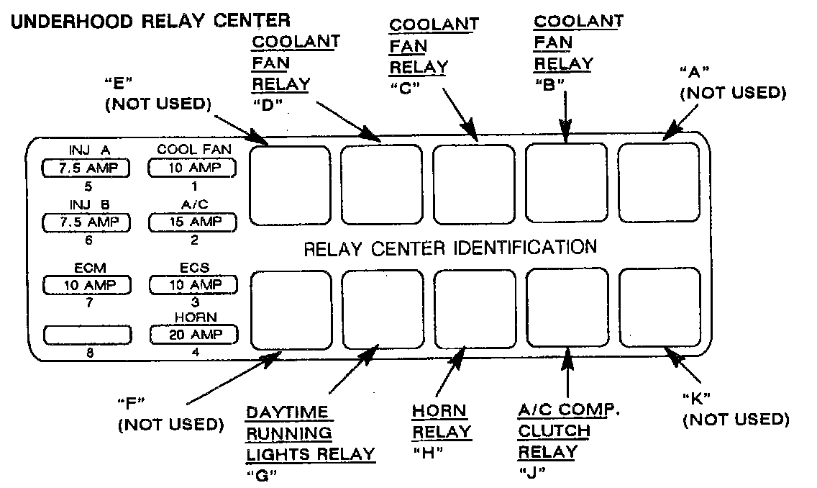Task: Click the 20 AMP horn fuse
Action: click(193, 334)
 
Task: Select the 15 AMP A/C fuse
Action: click(193, 223)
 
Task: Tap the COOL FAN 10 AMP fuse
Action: click(193, 168)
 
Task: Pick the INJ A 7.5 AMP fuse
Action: click(88, 168)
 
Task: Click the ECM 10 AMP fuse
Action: click(88, 285)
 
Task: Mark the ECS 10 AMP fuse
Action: click(193, 285)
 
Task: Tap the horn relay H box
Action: click(474, 309)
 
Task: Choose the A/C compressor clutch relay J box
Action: click(567, 309)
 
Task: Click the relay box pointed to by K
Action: click(659, 309)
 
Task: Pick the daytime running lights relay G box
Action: click(381, 309)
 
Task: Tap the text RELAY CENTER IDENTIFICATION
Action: click(450, 248)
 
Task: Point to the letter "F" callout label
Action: click(134, 401)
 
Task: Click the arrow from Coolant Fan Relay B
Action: click(567, 115)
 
